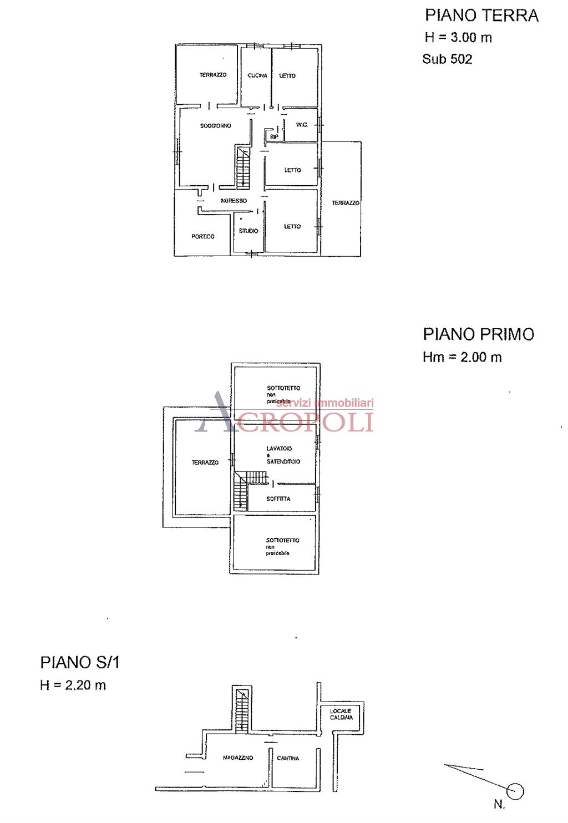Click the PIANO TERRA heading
click(481, 16)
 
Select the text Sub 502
click(447, 59)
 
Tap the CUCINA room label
click(257, 75)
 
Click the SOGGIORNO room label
click(216, 126)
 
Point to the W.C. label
click(302, 125)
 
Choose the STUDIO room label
click(248, 231)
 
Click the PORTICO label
click(203, 236)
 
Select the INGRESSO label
click(234, 201)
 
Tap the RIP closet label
click(274, 136)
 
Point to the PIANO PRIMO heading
click(479, 334)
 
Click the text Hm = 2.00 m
click(462, 357)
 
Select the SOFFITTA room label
click(278, 499)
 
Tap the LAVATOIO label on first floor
click(279, 449)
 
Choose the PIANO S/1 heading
click(80, 663)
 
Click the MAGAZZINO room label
click(238, 758)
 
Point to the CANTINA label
click(288, 758)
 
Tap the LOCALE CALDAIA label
click(341, 714)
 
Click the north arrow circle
click(515, 791)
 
